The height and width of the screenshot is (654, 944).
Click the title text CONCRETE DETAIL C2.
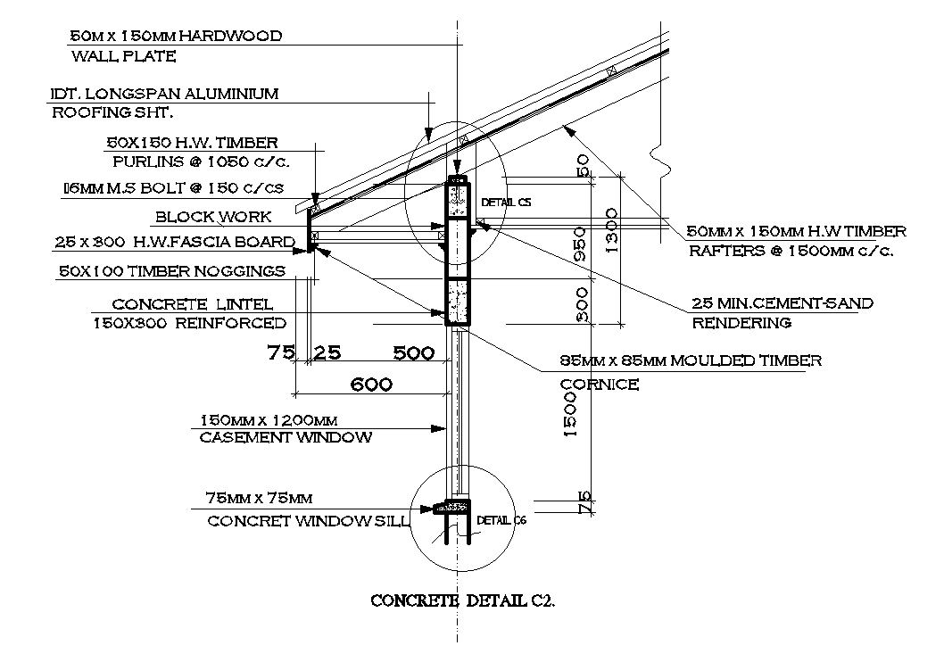462,600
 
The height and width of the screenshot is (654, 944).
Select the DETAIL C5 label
506,203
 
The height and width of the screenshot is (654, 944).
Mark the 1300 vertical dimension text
611,230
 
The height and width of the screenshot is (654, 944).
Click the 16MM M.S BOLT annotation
172,188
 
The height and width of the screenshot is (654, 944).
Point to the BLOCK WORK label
226,217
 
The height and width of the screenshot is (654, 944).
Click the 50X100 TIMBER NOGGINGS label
171,270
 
